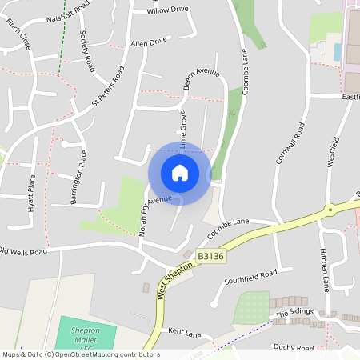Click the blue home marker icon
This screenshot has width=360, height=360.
[x=179, y=172]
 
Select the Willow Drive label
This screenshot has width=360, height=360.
[x=168, y=10]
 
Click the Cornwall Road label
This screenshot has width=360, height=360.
[x=290, y=142]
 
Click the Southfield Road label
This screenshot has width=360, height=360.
[x=250, y=276]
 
